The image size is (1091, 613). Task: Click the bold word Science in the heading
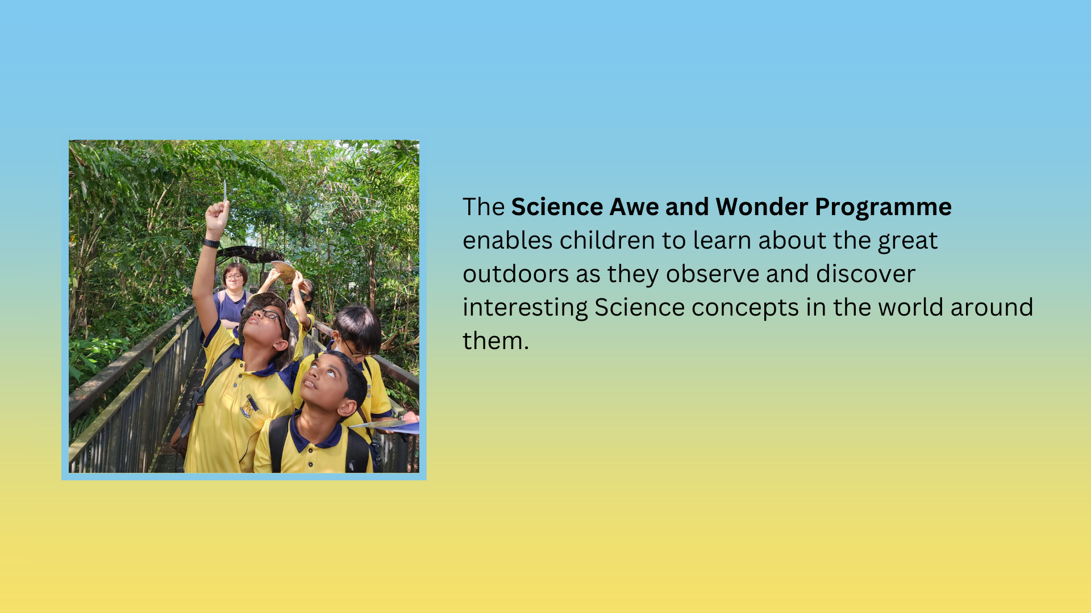(x=557, y=207)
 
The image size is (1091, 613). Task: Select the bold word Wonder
(x=762, y=207)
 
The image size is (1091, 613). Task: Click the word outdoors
(x=516, y=274)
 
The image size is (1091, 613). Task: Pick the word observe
(x=713, y=274)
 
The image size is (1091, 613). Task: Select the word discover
(x=865, y=274)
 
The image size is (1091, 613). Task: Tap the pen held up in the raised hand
(x=225, y=191)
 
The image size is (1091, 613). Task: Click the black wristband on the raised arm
(x=211, y=243)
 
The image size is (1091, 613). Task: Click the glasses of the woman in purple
(x=234, y=277)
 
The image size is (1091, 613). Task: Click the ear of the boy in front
(x=346, y=408)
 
